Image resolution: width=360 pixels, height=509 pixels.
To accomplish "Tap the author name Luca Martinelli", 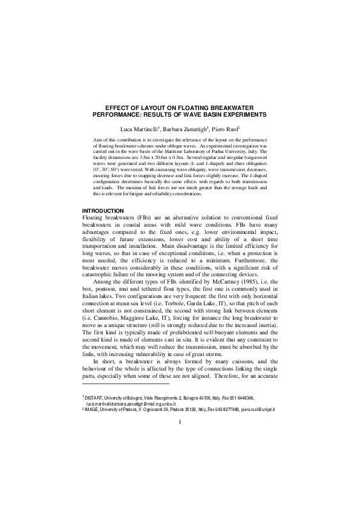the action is pyautogui.click(x=140, y=129).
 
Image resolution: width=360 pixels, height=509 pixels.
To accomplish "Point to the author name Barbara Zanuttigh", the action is pyautogui.click(x=186, y=129).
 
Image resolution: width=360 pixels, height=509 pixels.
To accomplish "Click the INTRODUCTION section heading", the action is pyautogui.click(x=103, y=210).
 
